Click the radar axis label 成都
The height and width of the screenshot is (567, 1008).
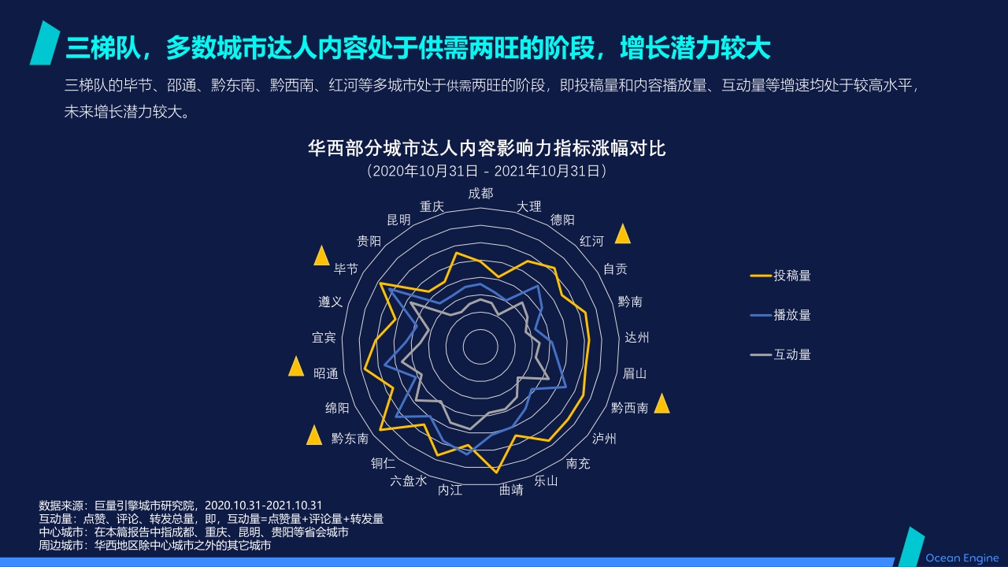[480, 193]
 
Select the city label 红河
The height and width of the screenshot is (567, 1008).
[591, 240]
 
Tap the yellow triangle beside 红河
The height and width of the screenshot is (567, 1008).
[623, 234]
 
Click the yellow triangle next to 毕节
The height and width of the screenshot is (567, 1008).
[321, 256]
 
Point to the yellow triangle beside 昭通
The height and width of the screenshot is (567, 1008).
[296, 367]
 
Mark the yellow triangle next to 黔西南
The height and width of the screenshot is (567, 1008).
[661, 404]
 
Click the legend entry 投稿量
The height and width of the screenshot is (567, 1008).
[791, 276]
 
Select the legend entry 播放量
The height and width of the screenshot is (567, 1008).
[791, 315]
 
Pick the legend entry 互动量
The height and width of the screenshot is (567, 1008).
[791, 354]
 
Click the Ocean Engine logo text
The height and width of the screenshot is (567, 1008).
[962, 558]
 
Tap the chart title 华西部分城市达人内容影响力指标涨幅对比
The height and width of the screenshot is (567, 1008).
[487, 148]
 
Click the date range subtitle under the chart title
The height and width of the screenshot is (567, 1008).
[487, 170]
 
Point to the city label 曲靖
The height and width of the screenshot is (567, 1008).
[511, 490]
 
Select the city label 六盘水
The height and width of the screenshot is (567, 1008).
[408, 480]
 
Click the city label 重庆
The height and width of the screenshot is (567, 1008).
[432, 206]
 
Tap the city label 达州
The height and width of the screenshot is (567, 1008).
[636, 338]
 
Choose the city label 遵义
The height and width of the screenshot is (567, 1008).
[330, 302]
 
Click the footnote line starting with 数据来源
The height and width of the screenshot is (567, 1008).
[180, 505]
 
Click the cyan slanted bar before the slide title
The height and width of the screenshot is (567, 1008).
[45, 43]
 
